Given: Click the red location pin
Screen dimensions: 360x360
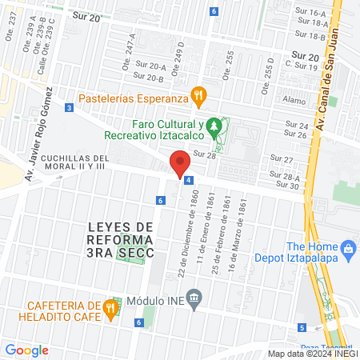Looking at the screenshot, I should [x=181, y=163].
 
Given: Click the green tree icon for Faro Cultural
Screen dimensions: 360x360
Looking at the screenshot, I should [x=214, y=125].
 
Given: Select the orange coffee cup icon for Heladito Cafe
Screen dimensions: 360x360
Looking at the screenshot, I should [x=113, y=306].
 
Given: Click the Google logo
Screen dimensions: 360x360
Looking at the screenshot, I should [x=26, y=350].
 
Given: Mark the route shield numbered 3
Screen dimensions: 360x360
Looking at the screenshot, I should [x=70, y=107].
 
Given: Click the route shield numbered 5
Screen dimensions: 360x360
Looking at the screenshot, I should [x=302, y=327].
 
